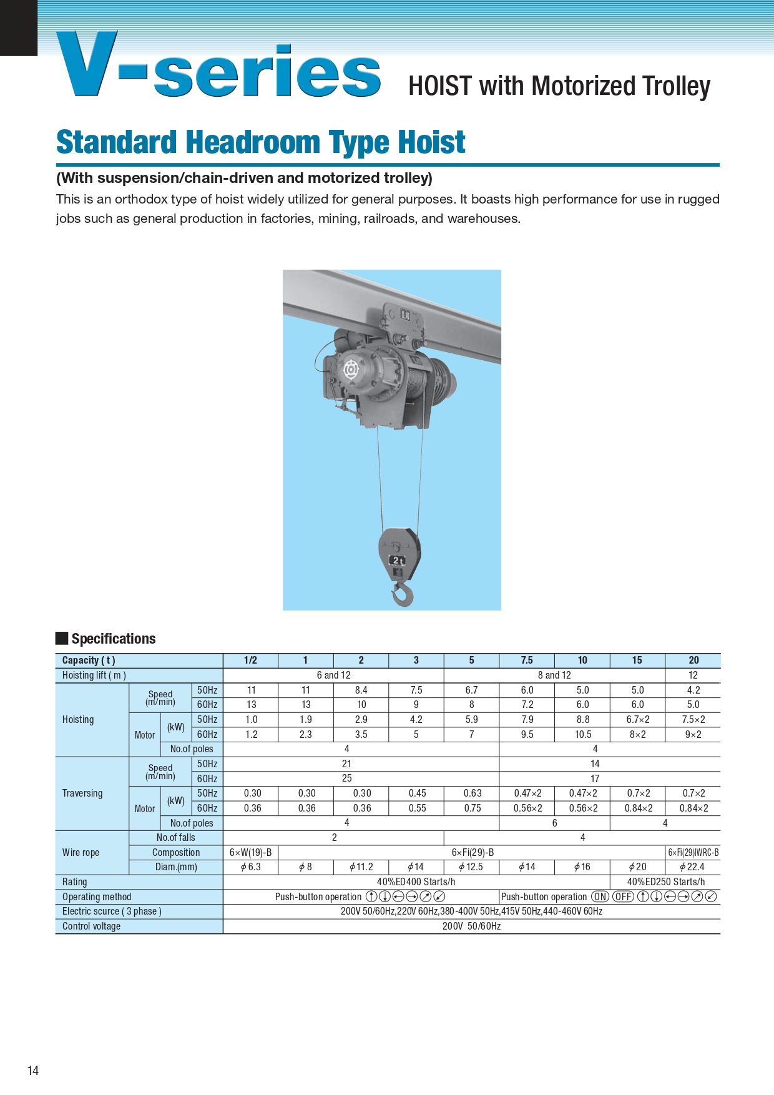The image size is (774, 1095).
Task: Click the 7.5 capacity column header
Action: point(527,660)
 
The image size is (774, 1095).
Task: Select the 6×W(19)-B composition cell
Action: point(250,852)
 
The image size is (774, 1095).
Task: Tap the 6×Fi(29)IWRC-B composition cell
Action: point(693,852)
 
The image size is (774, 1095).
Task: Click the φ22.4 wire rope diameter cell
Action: point(692,867)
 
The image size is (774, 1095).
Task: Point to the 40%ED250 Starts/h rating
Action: point(665,881)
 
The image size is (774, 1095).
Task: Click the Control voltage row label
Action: point(91,926)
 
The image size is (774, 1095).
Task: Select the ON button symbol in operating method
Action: point(600,896)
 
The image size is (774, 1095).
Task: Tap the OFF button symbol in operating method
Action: point(623,896)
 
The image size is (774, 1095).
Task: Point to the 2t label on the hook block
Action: point(398,560)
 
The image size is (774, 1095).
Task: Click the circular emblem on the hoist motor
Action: point(351,370)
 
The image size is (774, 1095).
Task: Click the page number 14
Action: point(33,1070)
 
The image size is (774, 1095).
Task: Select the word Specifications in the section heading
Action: point(114,639)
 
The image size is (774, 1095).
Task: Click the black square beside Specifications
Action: point(62,638)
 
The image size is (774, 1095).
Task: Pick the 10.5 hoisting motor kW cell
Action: point(582,734)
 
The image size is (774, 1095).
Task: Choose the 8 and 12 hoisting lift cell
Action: point(554,675)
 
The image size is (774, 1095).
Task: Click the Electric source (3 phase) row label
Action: point(112,911)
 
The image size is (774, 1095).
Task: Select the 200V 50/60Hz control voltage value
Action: point(471,926)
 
